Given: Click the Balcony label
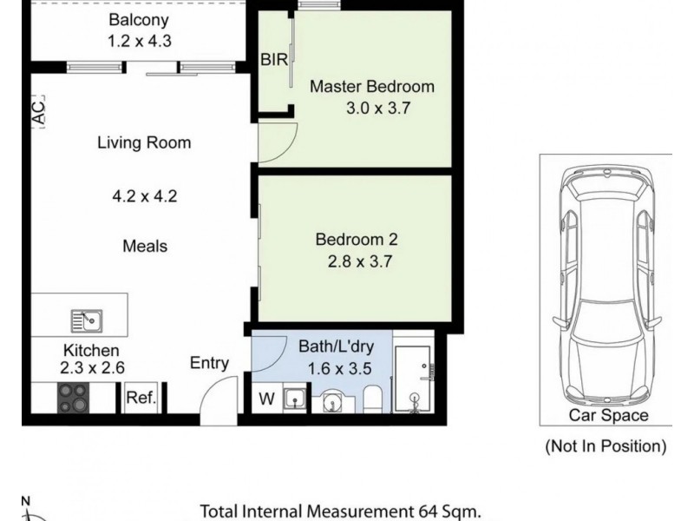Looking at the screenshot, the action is [x=139, y=20].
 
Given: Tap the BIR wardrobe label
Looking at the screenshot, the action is [x=274, y=59].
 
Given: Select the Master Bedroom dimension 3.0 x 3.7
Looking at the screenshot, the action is [x=378, y=108].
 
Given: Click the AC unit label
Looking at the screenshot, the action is [x=38, y=112].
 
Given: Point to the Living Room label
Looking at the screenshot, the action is [x=144, y=142].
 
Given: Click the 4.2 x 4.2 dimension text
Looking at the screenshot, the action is [x=145, y=196].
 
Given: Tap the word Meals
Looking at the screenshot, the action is [x=145, y=246].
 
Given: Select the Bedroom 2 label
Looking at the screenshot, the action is [x=357, y=240].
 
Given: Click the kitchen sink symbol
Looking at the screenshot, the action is [x=87, y=320].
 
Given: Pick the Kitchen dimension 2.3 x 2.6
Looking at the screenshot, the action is [x=92, y=367].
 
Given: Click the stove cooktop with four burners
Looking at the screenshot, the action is [x=73, y=398].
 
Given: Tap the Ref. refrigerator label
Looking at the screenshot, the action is [x=141, y=398].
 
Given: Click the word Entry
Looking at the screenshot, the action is [x=209, y=363].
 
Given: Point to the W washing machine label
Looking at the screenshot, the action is [x=266, y=399].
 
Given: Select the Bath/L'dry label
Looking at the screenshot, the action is [x=337, y=346].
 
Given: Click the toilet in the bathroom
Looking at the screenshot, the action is [x=372, y=399].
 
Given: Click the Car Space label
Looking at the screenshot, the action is [x=609, y=415].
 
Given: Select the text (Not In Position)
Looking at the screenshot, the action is [x=606, y=445].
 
